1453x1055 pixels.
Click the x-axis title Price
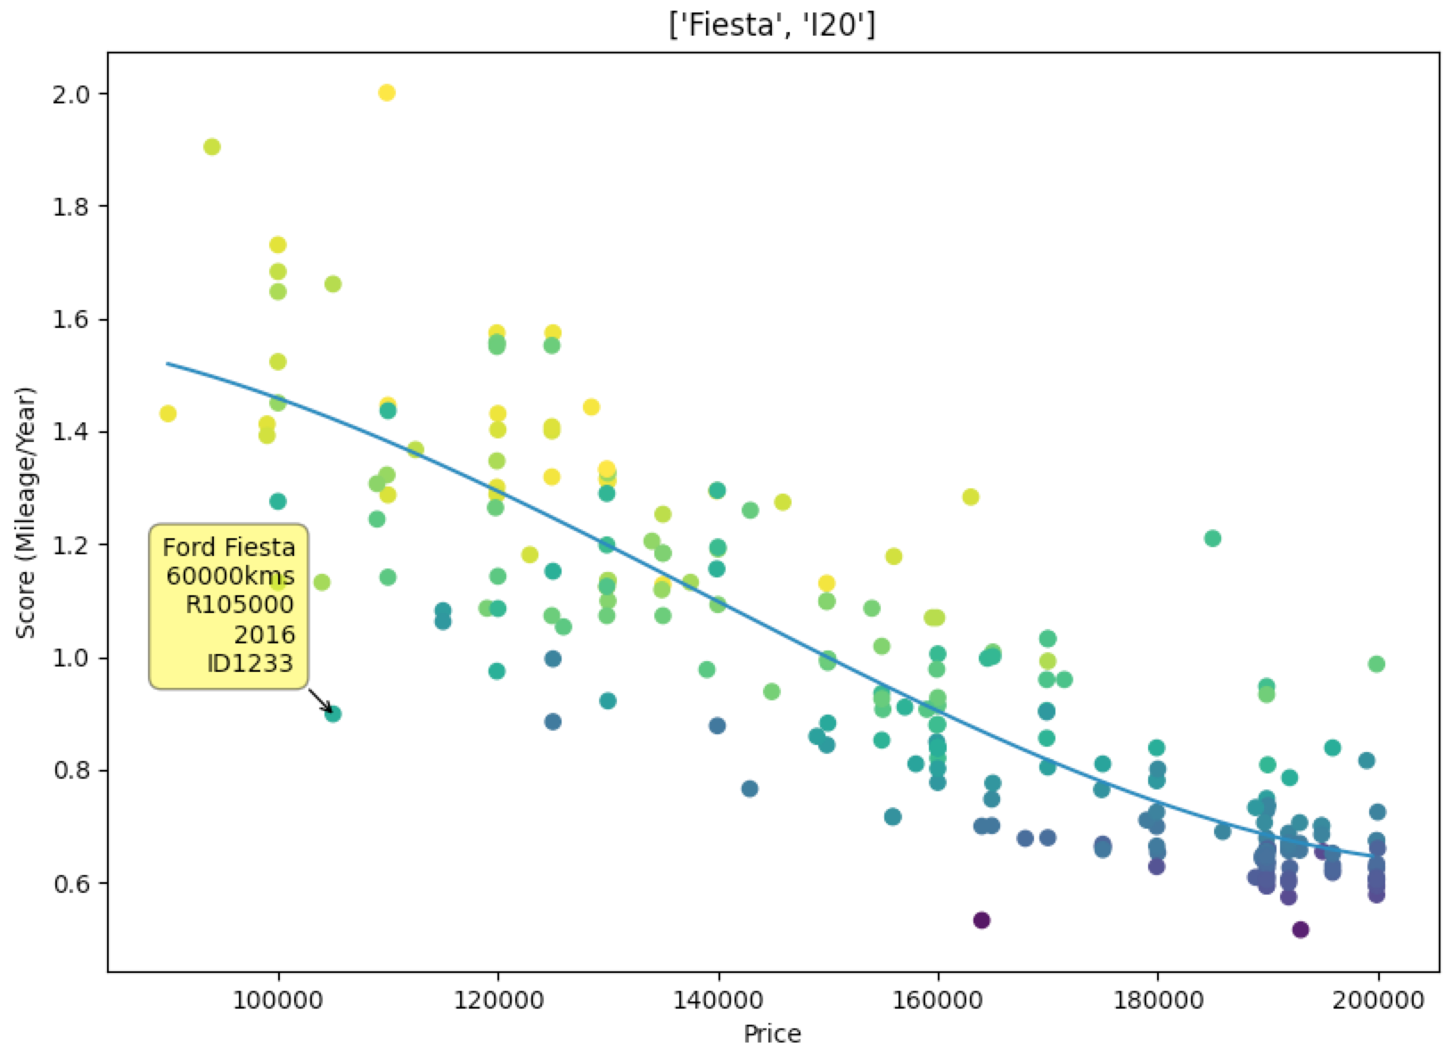772,1035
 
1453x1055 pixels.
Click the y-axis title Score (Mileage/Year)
27,512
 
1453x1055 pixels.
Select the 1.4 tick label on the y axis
77,432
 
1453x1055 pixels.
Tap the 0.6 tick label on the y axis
77,883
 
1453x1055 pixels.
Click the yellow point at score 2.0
387,93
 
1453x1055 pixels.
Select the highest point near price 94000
212,147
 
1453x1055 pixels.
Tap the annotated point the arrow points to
333,714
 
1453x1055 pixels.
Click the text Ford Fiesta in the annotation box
228,546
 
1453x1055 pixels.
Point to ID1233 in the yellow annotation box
250,662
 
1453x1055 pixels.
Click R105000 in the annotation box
240,605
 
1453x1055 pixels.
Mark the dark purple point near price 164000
981,920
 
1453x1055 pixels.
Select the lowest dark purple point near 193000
1301,930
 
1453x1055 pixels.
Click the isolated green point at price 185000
1212,538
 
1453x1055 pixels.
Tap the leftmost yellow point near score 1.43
168,413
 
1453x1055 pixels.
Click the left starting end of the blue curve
168,364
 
